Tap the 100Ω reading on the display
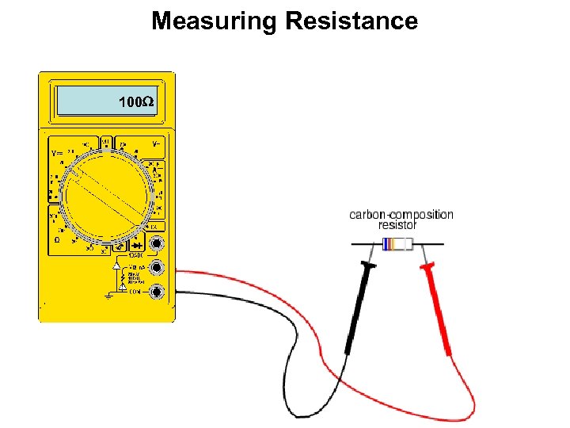[135, 102]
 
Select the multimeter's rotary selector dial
[107, 193]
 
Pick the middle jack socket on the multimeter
[158, 268]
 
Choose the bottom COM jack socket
[158, 292]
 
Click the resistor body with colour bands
[397, 244]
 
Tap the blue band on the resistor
[389, 244]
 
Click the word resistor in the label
[398, 225]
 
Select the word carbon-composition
[401, 214]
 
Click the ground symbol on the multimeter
[108, 296]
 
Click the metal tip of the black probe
[372, 254]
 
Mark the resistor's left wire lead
[366, 244]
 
